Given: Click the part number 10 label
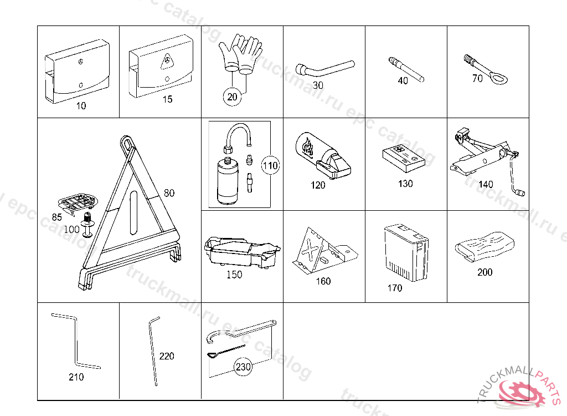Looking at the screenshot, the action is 81,106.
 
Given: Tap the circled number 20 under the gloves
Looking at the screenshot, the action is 233,97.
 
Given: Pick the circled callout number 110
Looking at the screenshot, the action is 270,165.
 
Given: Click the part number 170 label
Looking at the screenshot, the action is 395,288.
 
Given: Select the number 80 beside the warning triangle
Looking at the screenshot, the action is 169,193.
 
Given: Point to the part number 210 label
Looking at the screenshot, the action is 76,377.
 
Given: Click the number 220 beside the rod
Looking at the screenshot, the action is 166,356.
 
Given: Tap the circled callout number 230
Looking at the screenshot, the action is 243,367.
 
